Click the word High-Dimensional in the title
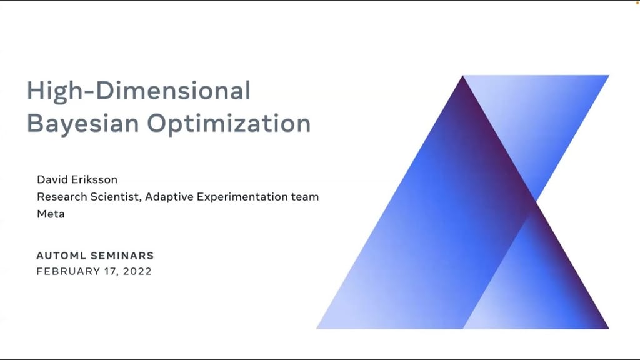click(138, 91)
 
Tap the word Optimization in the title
click(229, 123)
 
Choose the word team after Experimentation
click(305, 197)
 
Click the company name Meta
click(51, 214)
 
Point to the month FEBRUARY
click(67, 272)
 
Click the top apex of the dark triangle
click(462, 76)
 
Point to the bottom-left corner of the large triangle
click(317, 328)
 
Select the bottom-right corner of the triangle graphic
click(608, 328)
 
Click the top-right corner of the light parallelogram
click(608, 76)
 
